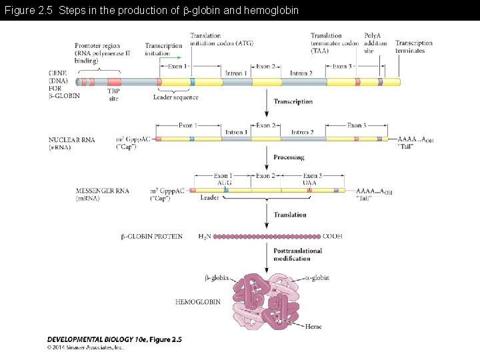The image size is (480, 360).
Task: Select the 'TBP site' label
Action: click(x=113, y=95)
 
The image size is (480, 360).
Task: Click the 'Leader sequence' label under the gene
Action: click(x=175, y=97)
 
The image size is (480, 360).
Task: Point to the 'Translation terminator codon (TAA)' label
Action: click(x=334, y=43)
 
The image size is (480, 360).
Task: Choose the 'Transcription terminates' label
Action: click(x=414, y=47)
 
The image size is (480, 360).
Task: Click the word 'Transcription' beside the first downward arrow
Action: click(x=293, y=102)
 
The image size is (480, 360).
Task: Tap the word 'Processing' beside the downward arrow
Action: click(x=289, y=157)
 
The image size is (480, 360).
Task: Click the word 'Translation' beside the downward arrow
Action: click(x=290, y=215)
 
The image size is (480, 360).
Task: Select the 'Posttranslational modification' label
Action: click(x=297, y=255)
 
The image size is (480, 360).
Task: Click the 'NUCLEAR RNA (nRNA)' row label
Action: click(x=71, y=143)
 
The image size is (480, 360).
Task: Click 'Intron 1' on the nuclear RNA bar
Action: click(x=237, y=132)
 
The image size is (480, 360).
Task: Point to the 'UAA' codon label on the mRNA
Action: click(x=309, y=183)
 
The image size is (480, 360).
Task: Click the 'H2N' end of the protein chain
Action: click(x=205, y=237)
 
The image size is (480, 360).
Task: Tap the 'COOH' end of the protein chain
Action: click(x=332, y=237)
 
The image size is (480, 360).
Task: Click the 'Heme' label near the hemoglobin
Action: click(x=313, y=326)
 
